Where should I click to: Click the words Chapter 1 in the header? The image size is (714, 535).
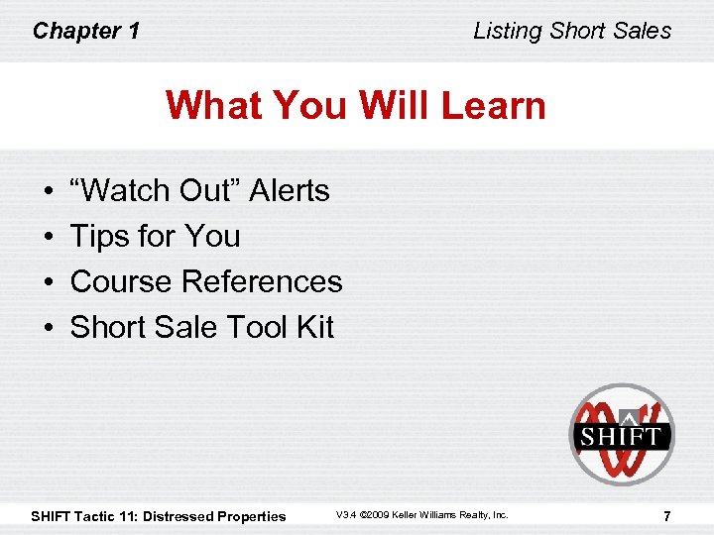pyautogui.click(x=85, y=31)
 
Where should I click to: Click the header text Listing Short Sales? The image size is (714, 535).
pyautogui.click(x=572, y=31)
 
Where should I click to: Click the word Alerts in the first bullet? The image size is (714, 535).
pyautogui.click(x=290, y=190)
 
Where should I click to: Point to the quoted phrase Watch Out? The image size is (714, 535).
pyautogui.click(x=156, y=190)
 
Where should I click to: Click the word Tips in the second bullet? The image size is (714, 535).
pyautogui.click(x=98, y=236)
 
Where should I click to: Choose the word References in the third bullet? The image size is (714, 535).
pyautogui.click(x=262, y=281)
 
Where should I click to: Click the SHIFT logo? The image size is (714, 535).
pyautogui.click(x=621, y=434)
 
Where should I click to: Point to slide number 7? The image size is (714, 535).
pyautogui.click(x=666, y=515)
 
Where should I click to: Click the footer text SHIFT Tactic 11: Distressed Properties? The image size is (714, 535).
pyautogui.click(x=159, y=516)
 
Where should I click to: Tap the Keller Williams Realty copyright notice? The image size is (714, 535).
pyautogui.click(x=421, y=515)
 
